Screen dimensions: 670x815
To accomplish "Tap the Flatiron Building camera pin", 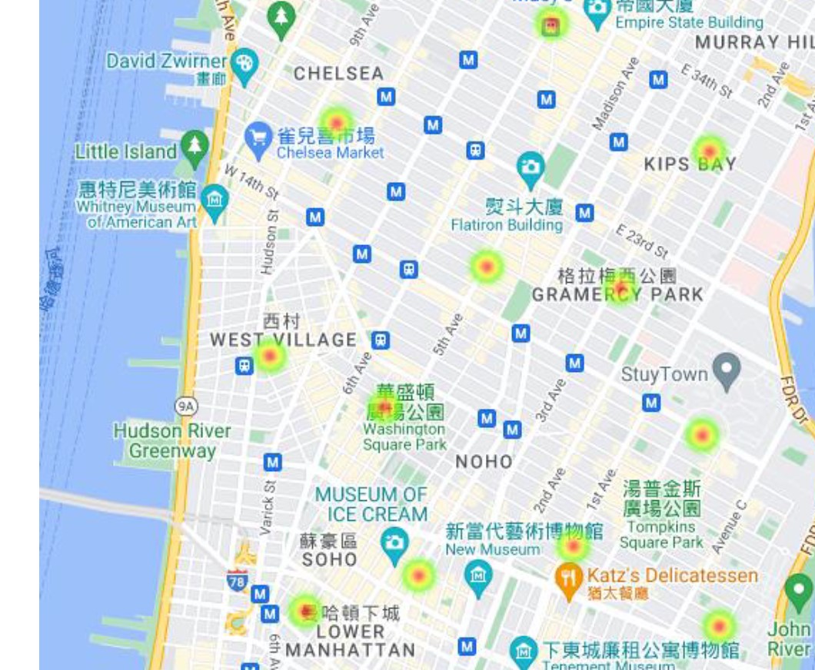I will (530, 167).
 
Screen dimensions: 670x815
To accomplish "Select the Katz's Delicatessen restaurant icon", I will (567, 579).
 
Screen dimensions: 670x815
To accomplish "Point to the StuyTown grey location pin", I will (726, 370).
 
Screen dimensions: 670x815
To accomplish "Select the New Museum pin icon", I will (477, 575).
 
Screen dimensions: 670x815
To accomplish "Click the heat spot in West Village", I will (270, 356).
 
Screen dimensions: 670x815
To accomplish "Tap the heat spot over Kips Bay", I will (709, 151).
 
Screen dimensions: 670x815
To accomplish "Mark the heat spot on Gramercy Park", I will (620, 289).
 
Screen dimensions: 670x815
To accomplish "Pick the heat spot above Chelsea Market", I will (336, 122).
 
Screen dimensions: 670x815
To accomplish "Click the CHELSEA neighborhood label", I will (338, 74).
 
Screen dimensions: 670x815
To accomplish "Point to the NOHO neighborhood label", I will (484, 461).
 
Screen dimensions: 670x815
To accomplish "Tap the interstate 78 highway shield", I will (238, 580).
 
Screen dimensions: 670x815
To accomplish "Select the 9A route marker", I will (185, 405).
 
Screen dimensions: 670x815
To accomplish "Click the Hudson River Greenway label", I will (172, 440).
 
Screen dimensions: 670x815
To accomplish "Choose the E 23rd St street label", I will (642, 241).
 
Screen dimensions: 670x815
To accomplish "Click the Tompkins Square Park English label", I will (661, 534).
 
